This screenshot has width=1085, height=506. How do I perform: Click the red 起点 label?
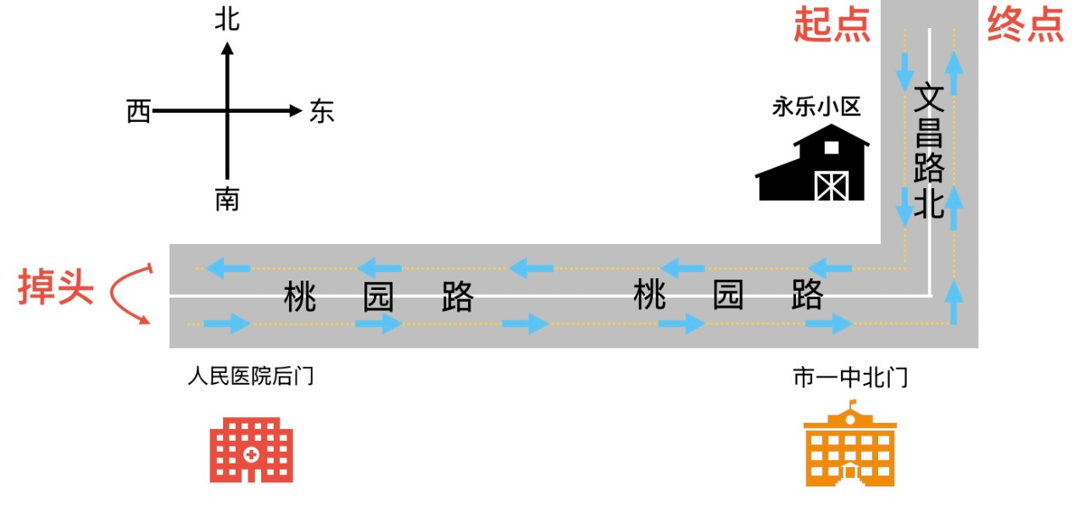click(x=832, y=26)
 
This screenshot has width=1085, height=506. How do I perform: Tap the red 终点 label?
click(x=1026, y=26)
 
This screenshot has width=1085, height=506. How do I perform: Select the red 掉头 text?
click(x=56, y=289)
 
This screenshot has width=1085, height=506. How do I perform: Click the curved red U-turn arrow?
click(x=130, y=293)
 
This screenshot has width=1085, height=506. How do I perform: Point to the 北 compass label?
click(x=227, y=19)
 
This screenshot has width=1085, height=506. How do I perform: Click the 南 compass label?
click(x=227, y=200)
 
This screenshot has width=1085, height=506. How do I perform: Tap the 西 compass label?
click(x=138, y=111)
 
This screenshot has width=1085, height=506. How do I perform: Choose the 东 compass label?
click(x=322, y=111)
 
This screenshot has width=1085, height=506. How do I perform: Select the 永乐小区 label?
click(x=816, y=107)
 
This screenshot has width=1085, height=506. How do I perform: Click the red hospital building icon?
click(x=252, y=449)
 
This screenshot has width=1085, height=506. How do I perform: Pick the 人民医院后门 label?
click(x=251, y=375)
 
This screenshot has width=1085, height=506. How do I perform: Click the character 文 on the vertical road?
click(x=929, y=97)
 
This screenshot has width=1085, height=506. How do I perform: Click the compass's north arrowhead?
click(x=227, y=48)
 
